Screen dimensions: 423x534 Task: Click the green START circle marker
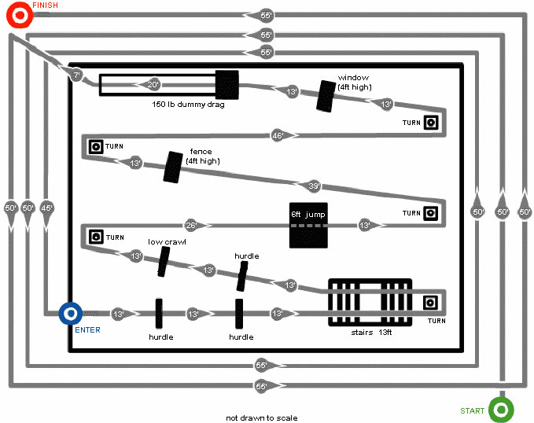point(501,409)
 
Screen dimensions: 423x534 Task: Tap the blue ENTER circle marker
point(71,314)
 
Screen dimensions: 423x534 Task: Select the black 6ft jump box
point(308,225)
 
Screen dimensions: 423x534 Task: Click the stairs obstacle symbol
point(370,303)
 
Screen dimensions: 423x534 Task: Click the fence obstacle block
point(173,167)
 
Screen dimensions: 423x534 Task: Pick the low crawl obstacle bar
point(163,261)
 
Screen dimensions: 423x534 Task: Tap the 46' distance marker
point(277,134)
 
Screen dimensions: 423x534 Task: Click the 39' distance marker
point(314,186)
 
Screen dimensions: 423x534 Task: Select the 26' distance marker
point(191,225)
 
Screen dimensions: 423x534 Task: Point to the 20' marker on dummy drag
point(153,84)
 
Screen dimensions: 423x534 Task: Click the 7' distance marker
point(76,76)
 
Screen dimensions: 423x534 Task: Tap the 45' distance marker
point(46,208)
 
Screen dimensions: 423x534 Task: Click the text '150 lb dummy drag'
point(188,104)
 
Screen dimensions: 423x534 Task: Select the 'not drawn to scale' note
point(261,417)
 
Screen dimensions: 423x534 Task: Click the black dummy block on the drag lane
point(226,84)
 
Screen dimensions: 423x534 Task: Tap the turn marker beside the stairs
point(430,303)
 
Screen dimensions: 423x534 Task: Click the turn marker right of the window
point(430,123)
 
